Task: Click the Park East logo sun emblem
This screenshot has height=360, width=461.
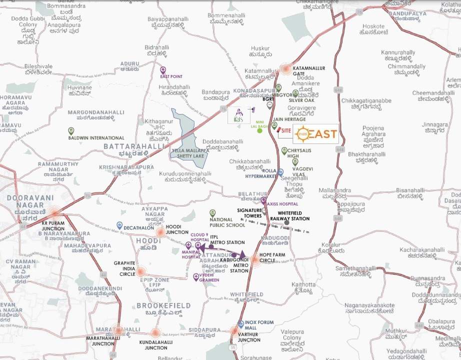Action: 302,134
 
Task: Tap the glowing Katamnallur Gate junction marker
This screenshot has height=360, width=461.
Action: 285,68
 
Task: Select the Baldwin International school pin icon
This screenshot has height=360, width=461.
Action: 71,130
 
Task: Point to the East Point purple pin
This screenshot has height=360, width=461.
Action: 163,70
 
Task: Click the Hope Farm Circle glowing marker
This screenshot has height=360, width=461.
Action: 254,259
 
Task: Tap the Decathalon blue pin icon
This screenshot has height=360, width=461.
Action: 119,225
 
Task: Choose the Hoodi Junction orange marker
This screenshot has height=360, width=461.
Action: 160,232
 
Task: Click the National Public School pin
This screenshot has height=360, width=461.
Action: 212,212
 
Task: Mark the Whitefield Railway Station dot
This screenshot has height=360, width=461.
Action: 286,222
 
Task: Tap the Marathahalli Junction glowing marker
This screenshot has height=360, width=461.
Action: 118,330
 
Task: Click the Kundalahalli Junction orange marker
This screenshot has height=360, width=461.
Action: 155,332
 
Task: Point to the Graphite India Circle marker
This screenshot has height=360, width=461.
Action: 141,271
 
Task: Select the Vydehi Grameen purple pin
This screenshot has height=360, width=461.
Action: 196,276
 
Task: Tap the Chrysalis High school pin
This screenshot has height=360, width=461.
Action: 284,150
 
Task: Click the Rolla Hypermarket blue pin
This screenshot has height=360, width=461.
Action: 280,171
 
